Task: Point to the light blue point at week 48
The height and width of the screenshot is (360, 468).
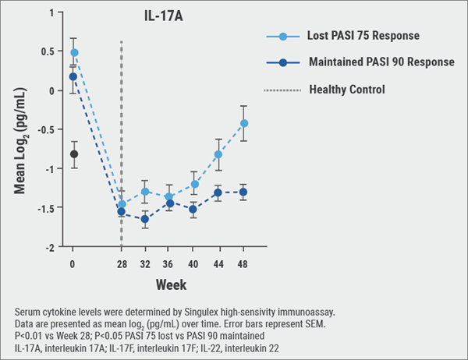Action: (244, 123)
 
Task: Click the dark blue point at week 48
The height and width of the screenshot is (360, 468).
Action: (244, 192)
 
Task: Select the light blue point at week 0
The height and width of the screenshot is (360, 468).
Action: (73, 53)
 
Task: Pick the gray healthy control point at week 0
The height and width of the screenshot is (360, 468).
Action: (73, 154)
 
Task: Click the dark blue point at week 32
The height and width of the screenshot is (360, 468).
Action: (146, 219)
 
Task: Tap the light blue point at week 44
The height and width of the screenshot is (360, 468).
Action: (218, 154)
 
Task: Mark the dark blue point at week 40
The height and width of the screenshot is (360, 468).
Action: (194, 209)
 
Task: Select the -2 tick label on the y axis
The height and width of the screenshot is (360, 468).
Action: (52, 247)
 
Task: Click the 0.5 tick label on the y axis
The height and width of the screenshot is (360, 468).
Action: (49, 52)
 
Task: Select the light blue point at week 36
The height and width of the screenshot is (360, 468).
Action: (169, 197)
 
